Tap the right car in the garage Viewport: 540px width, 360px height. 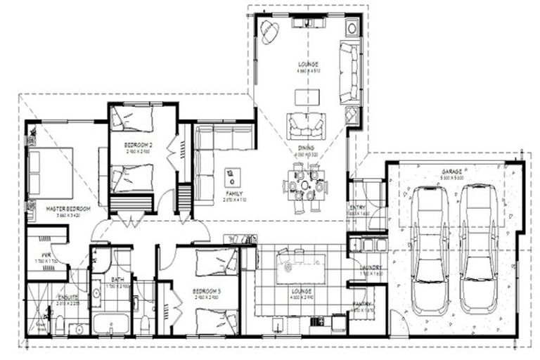coord(478,249)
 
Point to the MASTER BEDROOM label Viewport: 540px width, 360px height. coord(67,209)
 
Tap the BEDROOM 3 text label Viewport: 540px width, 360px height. coord(209,291)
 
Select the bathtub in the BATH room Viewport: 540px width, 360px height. coord(110,325)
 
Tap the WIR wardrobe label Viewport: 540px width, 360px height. coord(46,255)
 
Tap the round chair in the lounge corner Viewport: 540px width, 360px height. coord(269,30)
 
